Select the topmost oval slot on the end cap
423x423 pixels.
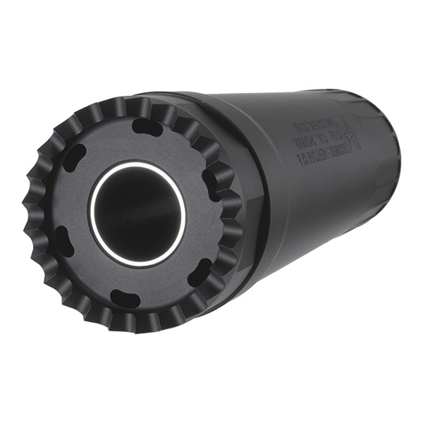click(x=147, y=126)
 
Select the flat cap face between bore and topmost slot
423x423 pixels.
click(x=141, y=146)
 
